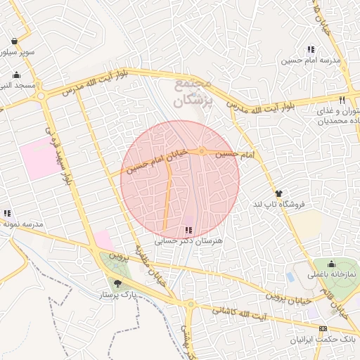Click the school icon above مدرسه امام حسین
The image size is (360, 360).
point(310,49)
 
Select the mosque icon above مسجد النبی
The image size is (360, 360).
point(17,75)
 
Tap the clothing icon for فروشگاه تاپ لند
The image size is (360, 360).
point(278,193)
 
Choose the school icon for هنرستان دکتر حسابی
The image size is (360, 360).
point(188,230)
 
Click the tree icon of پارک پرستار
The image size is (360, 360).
point(117,283)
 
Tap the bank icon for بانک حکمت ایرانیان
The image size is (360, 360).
point(323,328)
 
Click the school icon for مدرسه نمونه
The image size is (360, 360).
point(7,213)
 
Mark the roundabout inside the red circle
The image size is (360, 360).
point(202,151)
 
